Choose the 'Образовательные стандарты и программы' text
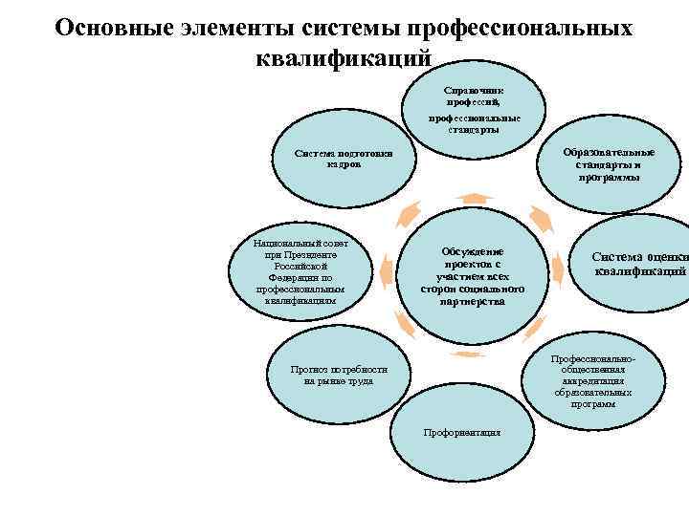[609, 164]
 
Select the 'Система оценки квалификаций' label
[639, 263]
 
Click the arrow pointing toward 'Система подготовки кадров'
[411, 212]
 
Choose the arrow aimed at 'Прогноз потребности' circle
[406, 326]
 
